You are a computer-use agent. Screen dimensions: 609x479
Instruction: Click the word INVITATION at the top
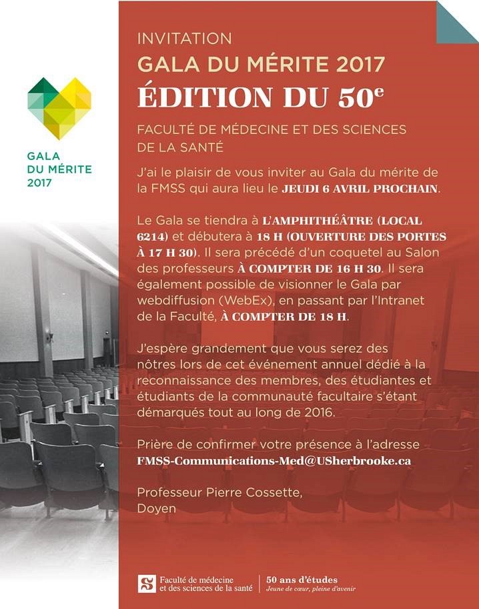[x=184, y=39]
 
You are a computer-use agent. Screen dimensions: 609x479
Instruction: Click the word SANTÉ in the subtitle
[x=199, y=146]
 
